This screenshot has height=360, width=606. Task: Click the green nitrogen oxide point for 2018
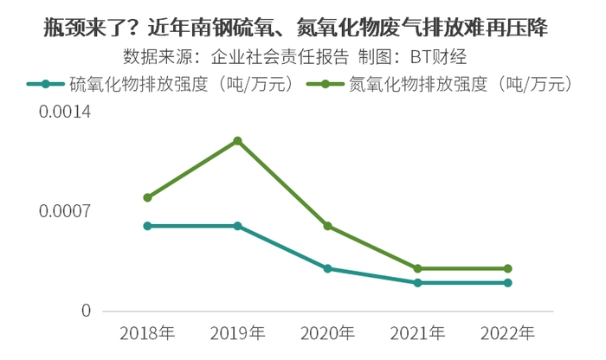click(148, 197)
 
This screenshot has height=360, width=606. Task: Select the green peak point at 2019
click(237, 141)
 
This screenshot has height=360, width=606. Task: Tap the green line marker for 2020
click(327, 226)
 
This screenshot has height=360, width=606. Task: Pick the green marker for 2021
click(417, 268)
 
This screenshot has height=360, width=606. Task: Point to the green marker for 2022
click(507, 268)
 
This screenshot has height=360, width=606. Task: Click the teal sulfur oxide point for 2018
click(148, 226)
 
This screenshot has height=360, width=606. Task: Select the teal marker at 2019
click(237, 226)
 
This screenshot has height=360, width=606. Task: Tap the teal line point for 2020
click(327, 268)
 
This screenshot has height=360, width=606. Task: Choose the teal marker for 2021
click(417, 283)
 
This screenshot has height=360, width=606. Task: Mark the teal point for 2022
click(507, 283)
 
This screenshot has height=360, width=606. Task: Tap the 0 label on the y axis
click(86, 310)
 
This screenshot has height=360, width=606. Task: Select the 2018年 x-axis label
click(148, 332)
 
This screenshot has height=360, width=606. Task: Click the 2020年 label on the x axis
click(327, 332)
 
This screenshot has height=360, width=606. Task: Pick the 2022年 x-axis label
click(507, 332)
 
